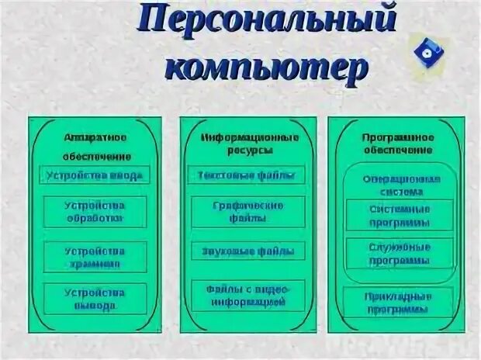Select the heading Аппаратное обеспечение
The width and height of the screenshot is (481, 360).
pos(94,145)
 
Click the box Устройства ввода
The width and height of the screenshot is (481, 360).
pos(94,175)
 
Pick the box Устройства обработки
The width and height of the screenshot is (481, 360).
pos(94,211)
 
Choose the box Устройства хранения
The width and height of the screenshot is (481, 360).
pos(94,257)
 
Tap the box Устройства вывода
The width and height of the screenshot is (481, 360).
pos(94,299)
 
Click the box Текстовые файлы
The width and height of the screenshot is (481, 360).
pos(247,175)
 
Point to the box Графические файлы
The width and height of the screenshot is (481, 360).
pos(247,212)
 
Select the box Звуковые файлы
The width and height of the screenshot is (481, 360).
pos(247,251)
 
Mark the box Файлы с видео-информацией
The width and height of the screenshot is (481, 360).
pos(247,295)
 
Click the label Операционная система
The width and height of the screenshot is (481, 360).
pos(400,185)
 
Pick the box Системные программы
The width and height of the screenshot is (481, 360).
pos(400,215)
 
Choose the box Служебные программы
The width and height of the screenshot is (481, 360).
pos(400,254)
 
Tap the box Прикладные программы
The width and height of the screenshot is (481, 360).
pos(398,303)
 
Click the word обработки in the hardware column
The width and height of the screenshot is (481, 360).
pos(95,218)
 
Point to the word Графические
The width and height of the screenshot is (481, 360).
pos(247,206)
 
